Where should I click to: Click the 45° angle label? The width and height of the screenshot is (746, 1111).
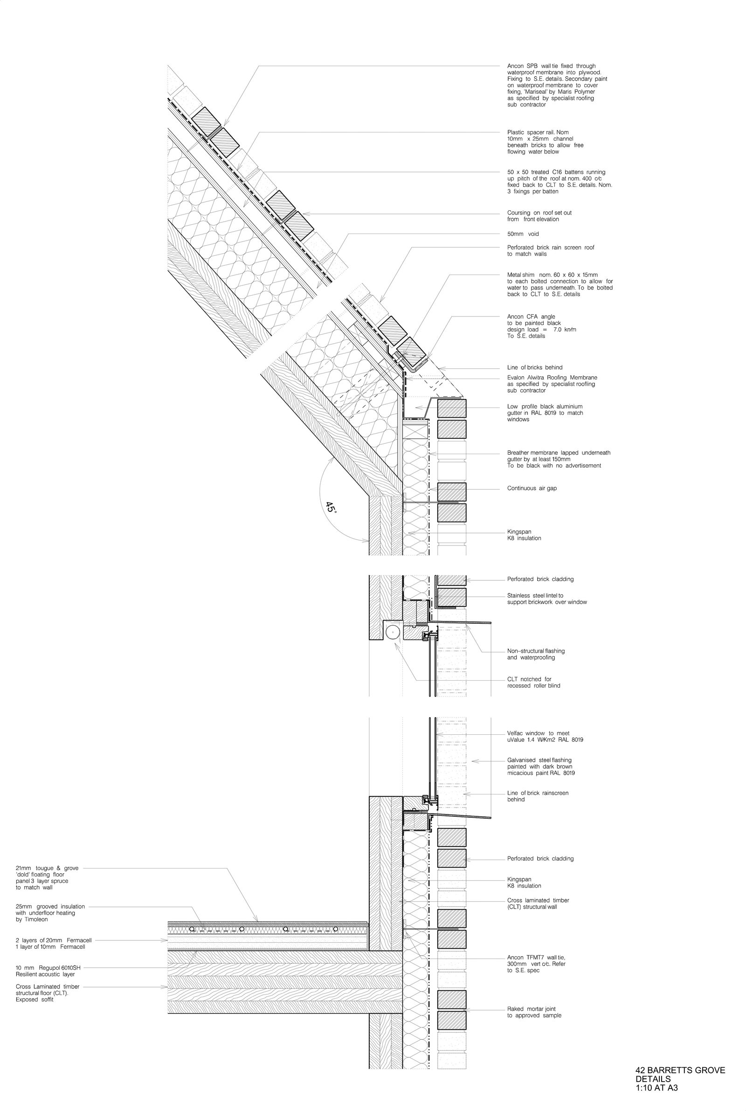pos(331,507)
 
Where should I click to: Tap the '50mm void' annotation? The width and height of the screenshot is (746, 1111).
pos(523,234)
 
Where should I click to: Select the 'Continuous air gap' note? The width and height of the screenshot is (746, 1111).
pos(532,489)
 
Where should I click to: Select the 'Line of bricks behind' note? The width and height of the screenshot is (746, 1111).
pos(534,368)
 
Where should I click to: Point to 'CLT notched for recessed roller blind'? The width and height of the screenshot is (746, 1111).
pos(533,683)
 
